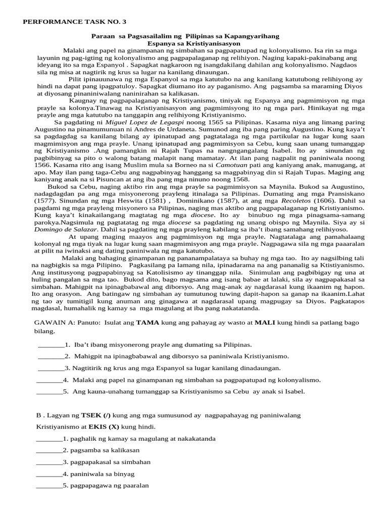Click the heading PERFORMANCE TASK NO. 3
click(75, 22)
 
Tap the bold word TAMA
click(147, 323)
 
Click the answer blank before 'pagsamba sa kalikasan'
click(49, 450)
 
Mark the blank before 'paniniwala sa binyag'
click(49, 474)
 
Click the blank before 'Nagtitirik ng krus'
click(51, 368)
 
